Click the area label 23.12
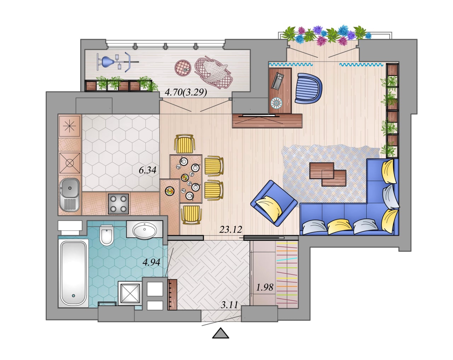[x=230, y=230]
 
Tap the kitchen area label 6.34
[x=148, y=170]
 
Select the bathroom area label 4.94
[x=151, y=262]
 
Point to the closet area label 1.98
[x=265, y=287]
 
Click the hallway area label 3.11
[x=229, y=305]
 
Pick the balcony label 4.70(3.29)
[x=186, y=92]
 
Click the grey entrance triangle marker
[x=220, y=333]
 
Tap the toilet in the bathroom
[x=107, y=235]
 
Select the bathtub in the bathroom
[x=73, y=273]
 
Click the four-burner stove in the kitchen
[x=118, y=204]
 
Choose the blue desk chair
[x=308, y=88]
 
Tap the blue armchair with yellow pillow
[x=274, y=203]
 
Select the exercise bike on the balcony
[x=117, y=62]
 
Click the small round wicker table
[x=183, y=68]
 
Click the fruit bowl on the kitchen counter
[x=170, y=191]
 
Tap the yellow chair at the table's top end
[x=184, y=144]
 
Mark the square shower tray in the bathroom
[x=130, y=293]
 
